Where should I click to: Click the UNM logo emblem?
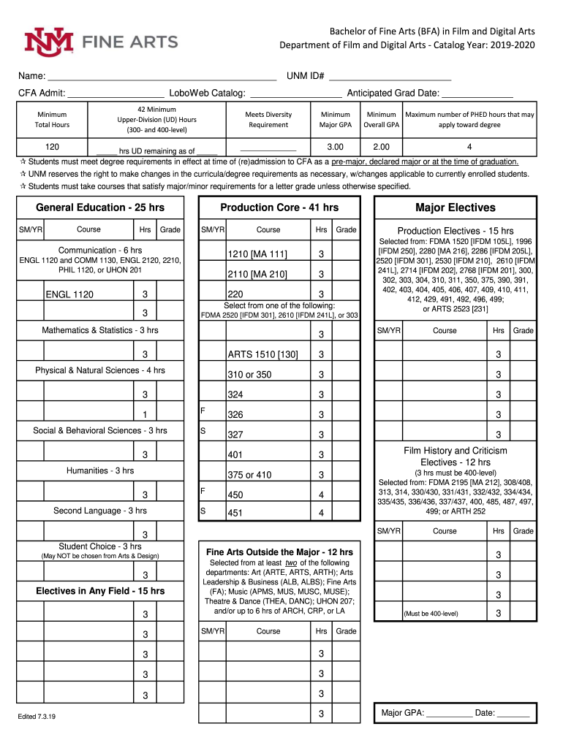coord(49,42)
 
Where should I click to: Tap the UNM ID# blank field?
coord(389,76)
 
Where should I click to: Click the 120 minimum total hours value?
coord(52,147)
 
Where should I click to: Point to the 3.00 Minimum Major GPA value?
coord(336,147)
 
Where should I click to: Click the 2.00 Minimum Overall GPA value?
coord(381,147)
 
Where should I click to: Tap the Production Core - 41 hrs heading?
coord(279,207)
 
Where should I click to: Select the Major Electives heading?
coord(455,207)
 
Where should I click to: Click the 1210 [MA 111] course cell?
coord(257,254)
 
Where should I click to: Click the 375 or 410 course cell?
coord(249,475)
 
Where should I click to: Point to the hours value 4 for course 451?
coord(320,514)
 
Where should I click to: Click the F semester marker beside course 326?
coord(203,411)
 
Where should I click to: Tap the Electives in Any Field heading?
coord(100,591)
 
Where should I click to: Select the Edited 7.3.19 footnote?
coord(37,717)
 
